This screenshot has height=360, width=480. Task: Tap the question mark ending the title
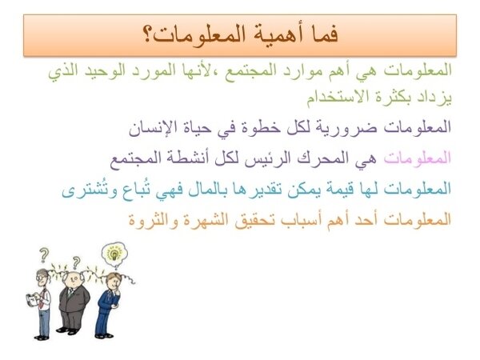click(x=148, y=35)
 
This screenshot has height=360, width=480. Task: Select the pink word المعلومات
click(x=418, y=158)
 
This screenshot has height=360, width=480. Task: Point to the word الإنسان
click(x=149, y=127)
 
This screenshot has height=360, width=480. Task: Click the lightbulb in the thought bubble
click(x=114, y=254)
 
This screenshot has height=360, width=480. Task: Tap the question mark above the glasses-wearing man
click(x=44, y=254)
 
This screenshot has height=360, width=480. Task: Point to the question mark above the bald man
click(x=76, y=262)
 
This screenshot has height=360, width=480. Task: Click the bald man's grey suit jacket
click(x=74, y=299)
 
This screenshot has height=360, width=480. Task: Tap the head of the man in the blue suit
click(x=114, y=280)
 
